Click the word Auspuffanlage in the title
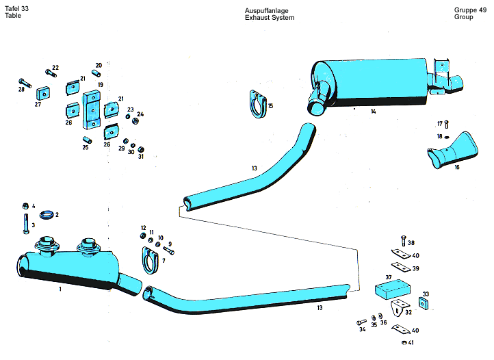pyautogui.click(x=267, y=11)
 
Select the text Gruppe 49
pyautogui.click(x=470, y=10)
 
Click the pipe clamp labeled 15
pyautogui.click(x=257, y=105)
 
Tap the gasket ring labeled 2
pyautogui.click(x=46, y=215)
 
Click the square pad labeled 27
pyautogui.click(x=45, y=93)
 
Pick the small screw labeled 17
pyautogui.click(x=446, y=125)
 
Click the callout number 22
pyautogui.click(x=55, y=67)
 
